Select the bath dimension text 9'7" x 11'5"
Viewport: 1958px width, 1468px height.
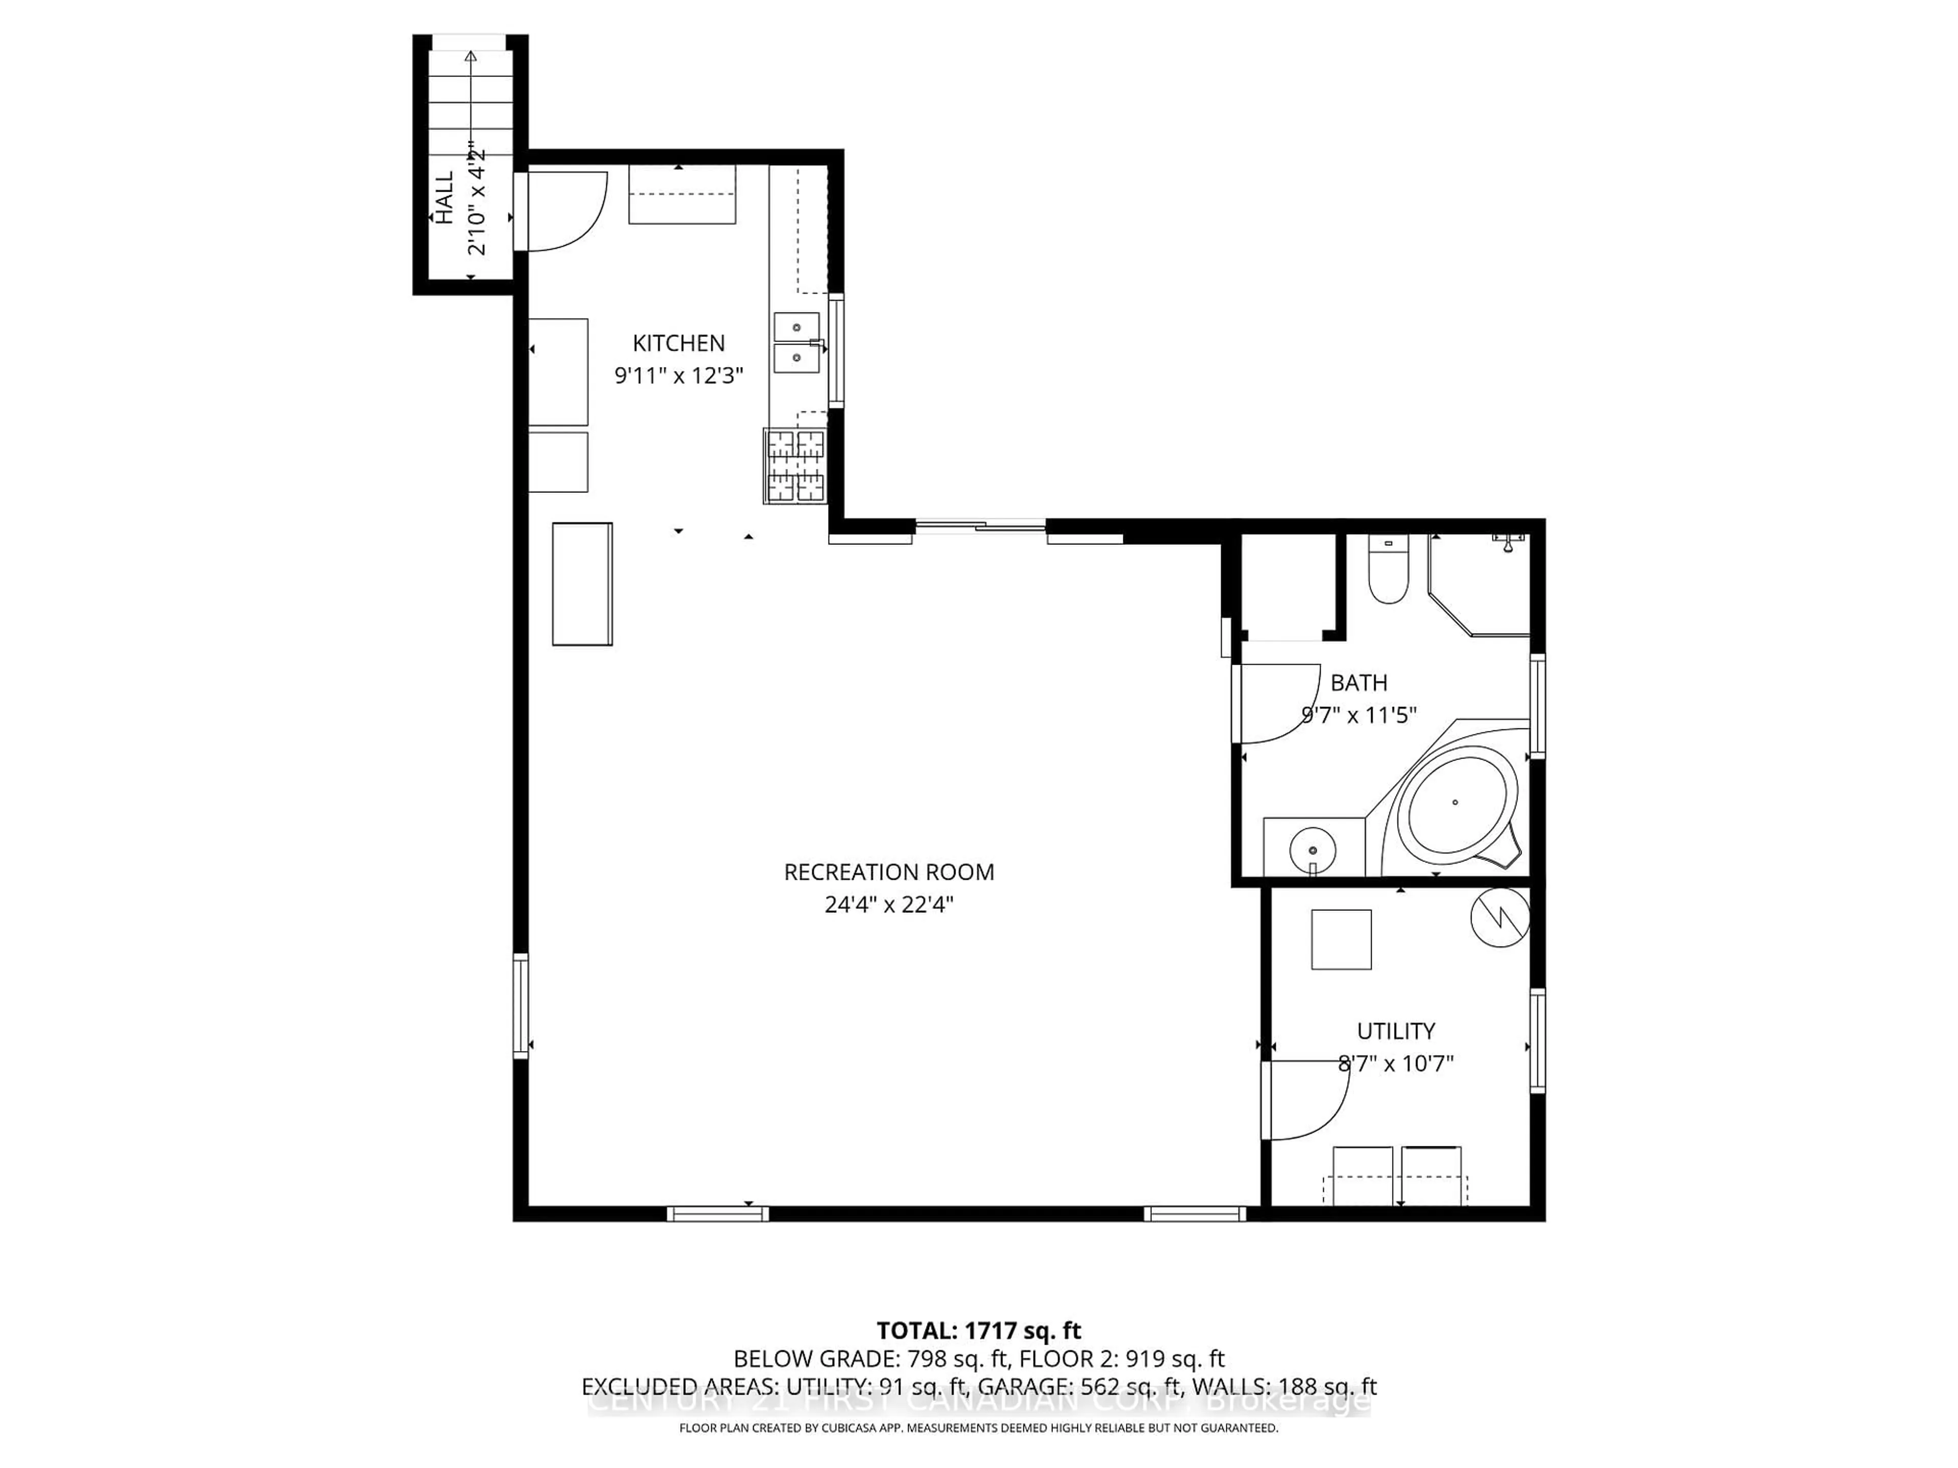[1359, 715]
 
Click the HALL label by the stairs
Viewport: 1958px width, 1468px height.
[444, 197]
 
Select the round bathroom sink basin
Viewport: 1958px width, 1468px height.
[1312, 850]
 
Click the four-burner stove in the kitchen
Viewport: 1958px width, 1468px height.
[795, 466]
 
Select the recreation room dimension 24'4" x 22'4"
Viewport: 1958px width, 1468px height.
[889, 904]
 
